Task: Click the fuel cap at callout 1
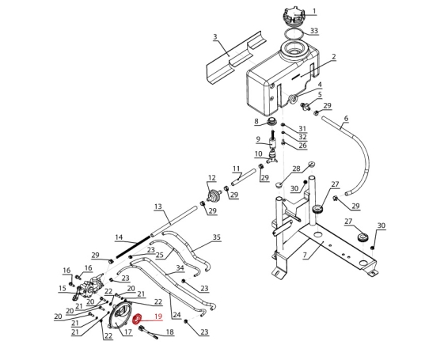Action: tap(294, 16)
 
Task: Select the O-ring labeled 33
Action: tap(294, 32)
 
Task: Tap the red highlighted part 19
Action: tap(138, 319)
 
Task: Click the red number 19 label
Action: tap(158, 316)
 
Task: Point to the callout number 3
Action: tap(215, 37)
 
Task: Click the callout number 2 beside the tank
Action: tap(334, 57)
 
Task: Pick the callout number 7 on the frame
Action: tap(305, 255)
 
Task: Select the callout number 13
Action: tap(158, 207)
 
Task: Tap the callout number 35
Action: tap(216, 237)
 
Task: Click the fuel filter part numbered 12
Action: tap(214, 196)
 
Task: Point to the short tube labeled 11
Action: tap(244, 177)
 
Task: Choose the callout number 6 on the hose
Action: tap(346, 119)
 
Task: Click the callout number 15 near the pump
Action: tap(63, 289)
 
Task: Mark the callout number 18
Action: tap(169, 332)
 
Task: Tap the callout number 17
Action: tap(128, 332)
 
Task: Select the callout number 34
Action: tap(180, 267)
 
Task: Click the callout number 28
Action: tap(296, 169)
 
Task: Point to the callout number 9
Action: tap(258, 139)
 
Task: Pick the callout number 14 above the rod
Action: tap(119, 237)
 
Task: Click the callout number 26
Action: tap(302, 146)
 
